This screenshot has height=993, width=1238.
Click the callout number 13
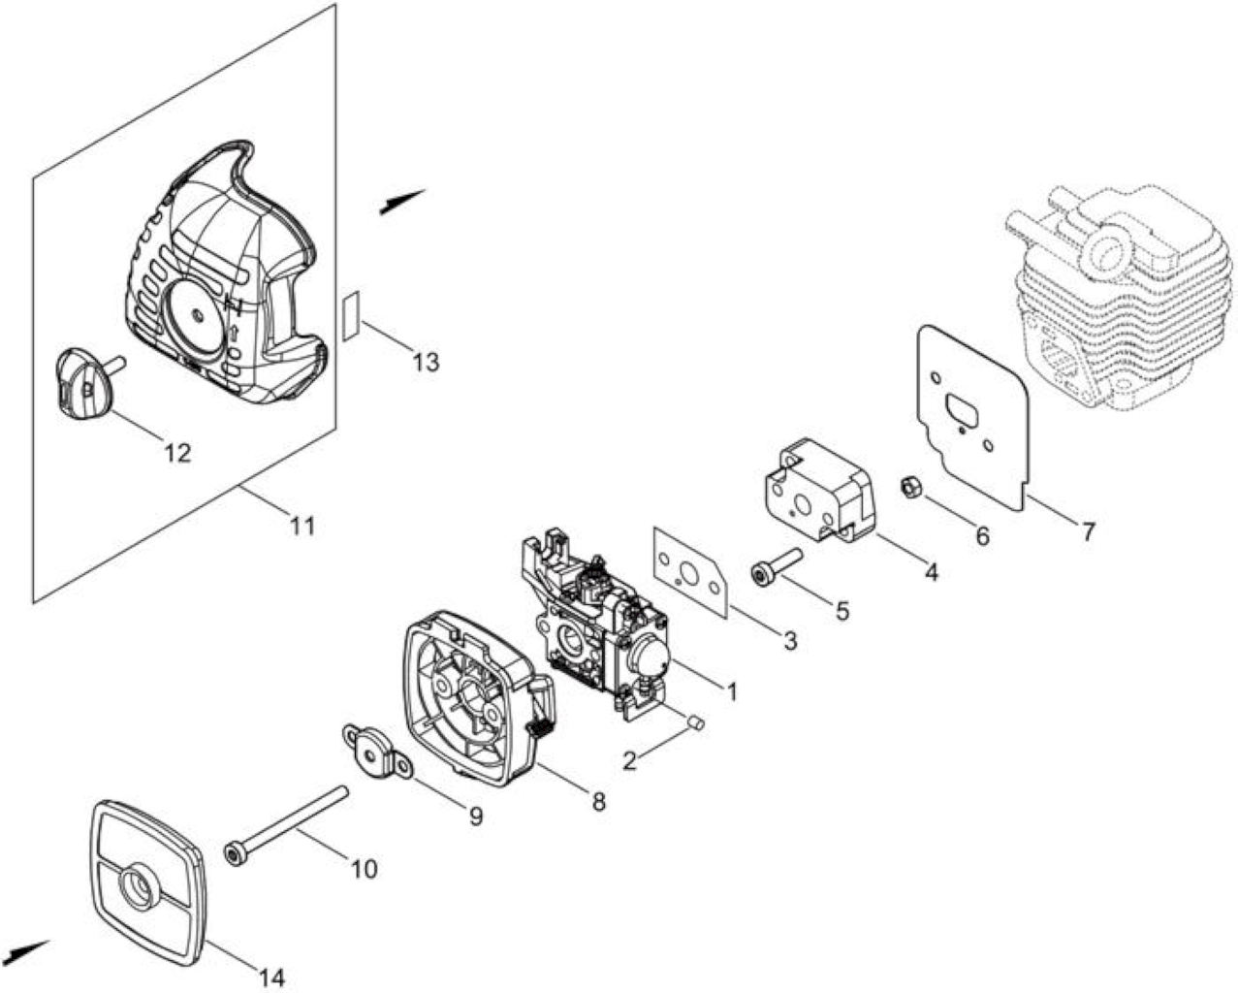click(x=427, y=363)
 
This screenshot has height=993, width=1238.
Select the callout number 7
click(x=1087, y=531)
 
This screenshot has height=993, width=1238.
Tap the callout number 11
click(x=302, y=526)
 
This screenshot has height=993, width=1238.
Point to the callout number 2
click(x=630, y=761)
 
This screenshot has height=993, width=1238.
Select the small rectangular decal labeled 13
click(x=351, y=316)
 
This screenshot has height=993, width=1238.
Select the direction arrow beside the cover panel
click(x=402, y=202)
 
